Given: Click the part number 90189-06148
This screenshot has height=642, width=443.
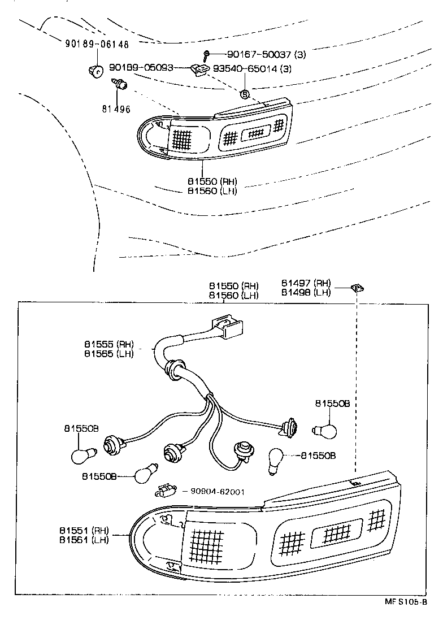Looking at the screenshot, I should point(97,44).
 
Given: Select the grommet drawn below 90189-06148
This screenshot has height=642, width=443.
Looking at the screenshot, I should point(97,71).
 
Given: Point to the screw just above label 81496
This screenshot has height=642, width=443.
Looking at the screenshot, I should point(120,84).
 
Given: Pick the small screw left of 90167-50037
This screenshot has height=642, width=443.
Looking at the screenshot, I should point(207,54).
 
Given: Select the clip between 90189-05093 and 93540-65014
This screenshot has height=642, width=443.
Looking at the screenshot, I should point(199,70).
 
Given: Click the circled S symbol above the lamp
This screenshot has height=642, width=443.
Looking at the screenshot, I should point(245,94).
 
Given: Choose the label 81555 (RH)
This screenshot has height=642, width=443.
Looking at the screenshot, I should point(109,344).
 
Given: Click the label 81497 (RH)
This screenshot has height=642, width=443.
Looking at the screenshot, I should point(306,283).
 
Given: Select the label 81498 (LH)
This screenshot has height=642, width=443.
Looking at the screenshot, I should point(306,292).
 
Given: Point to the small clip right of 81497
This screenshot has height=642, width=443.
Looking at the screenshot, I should point(357,287).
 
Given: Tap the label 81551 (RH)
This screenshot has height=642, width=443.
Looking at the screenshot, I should point(84,531).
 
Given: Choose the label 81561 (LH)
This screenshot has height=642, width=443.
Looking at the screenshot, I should point(84,540).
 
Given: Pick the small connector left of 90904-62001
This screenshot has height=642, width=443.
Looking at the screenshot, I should point(165,489).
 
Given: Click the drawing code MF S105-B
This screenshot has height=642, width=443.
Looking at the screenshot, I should point(405,618).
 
